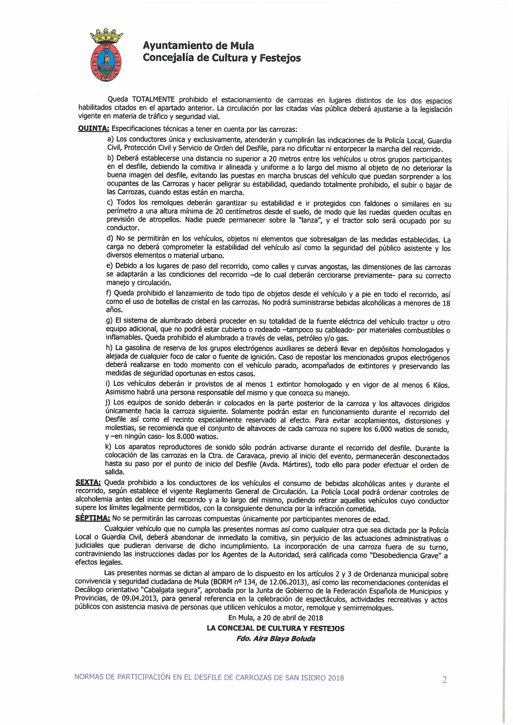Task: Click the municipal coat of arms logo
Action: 106,56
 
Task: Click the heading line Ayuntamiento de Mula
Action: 198,46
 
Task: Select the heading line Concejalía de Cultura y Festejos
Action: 222,58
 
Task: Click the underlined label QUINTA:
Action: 93,128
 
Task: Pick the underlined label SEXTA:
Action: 88,483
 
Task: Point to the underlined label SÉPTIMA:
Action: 92,518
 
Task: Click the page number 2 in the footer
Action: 444,679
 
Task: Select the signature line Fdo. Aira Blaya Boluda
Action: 276,638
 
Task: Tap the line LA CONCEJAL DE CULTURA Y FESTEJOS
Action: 275,628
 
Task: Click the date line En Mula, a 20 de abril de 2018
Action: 275,618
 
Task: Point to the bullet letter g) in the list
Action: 109,321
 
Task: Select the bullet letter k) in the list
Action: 108,447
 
